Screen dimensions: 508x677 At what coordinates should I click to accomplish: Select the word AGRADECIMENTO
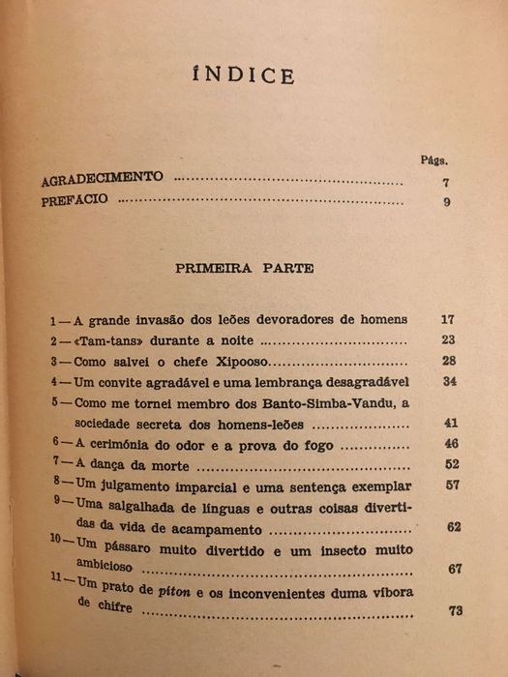103,180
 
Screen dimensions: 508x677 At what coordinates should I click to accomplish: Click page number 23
447,339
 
